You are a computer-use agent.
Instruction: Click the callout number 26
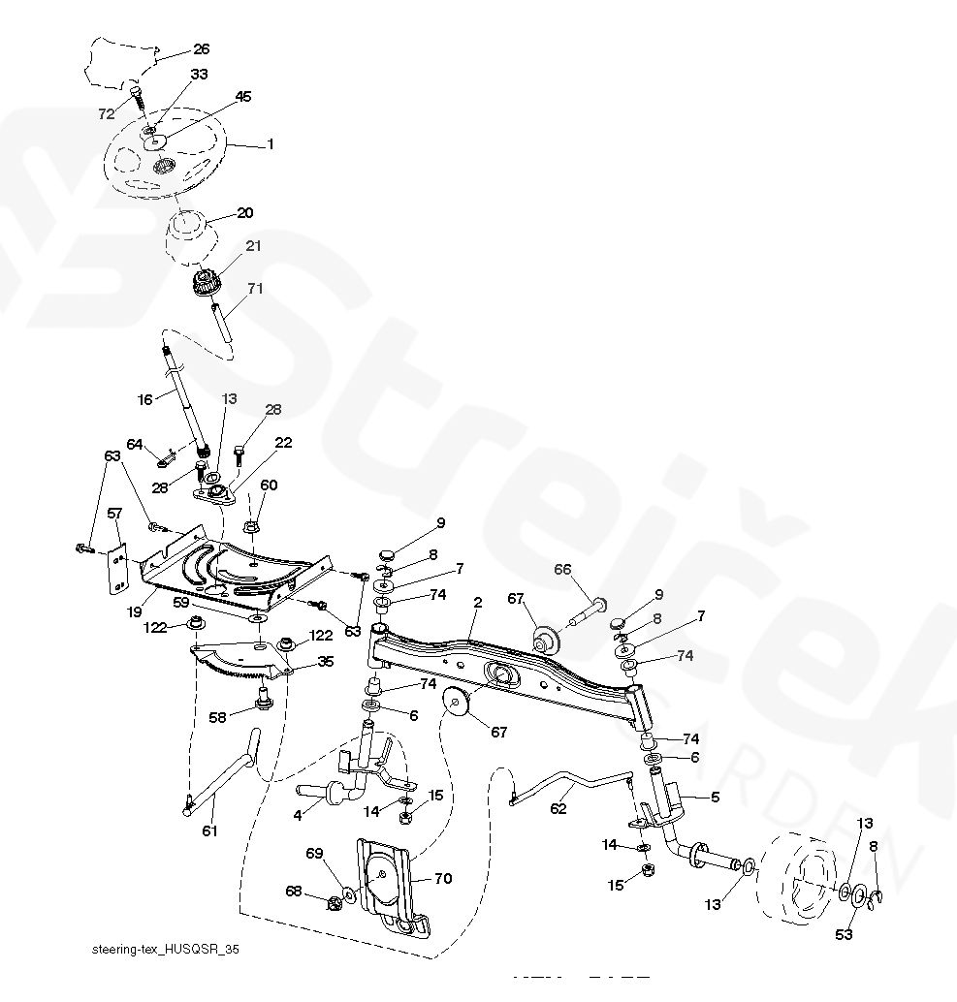201,48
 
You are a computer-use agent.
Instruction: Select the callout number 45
242,96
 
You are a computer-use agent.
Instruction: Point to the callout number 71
256,289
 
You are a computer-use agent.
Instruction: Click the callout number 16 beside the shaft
144,399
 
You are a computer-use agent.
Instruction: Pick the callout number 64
135,445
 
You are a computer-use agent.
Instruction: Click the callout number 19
135,613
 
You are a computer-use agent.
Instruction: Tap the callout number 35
325,663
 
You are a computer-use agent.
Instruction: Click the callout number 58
218,717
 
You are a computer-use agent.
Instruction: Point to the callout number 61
209,830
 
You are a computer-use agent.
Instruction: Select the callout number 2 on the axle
477,602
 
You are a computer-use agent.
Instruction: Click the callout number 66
562,569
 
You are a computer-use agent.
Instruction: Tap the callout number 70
442,879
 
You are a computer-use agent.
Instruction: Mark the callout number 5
715,797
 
